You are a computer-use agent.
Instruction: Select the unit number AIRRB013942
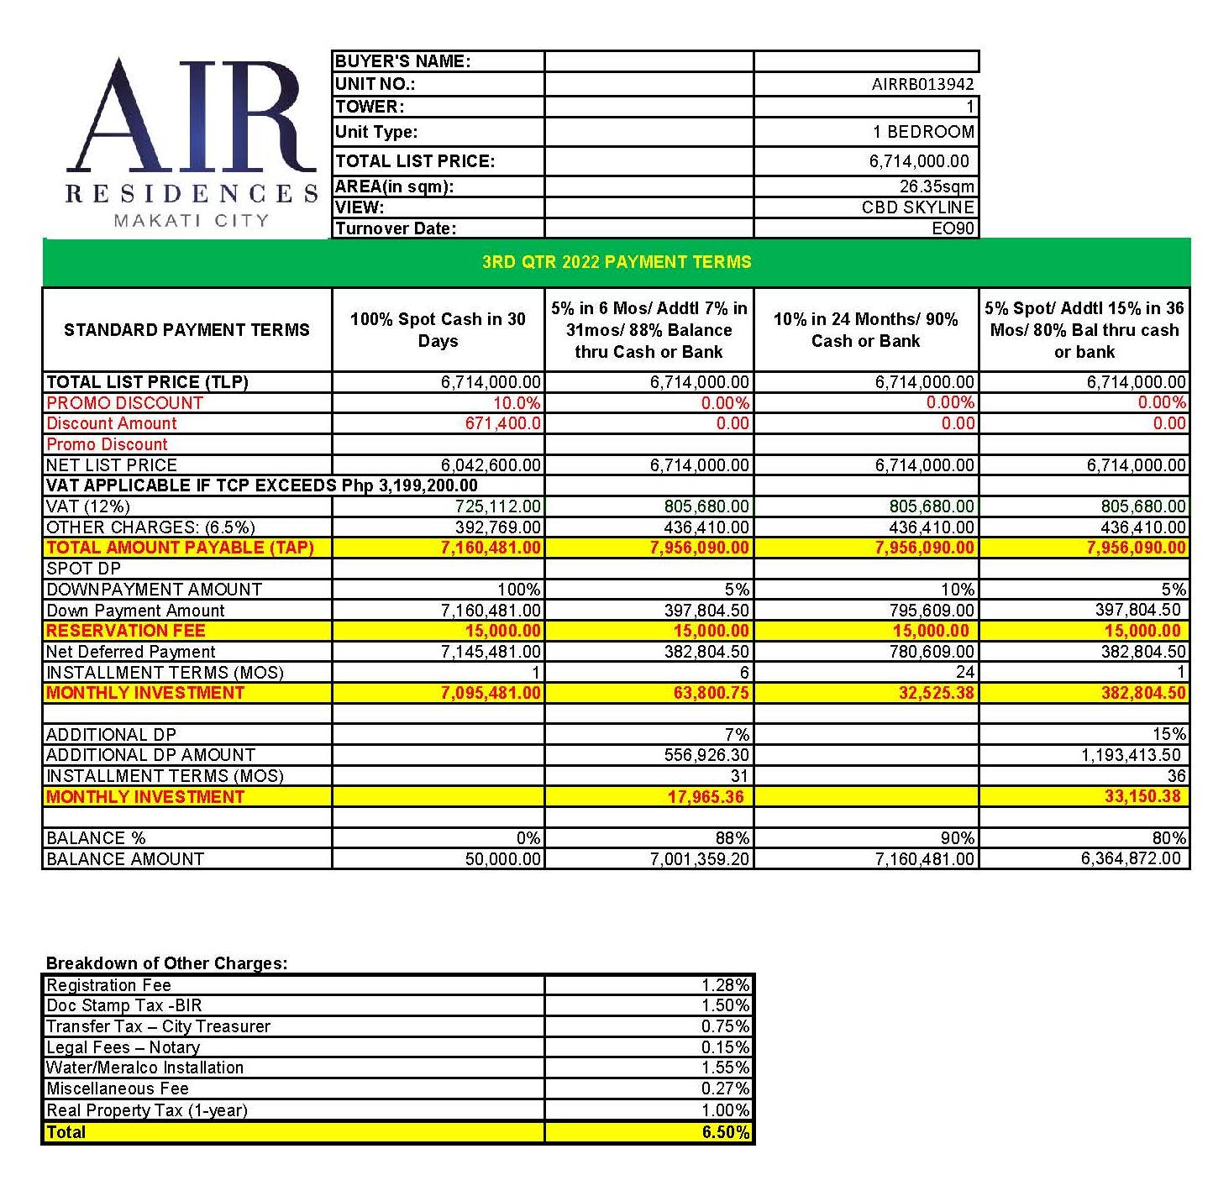click(x=922, y=85)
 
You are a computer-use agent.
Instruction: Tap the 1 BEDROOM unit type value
click(x=923, y=132)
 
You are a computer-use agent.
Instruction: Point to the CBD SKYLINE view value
click(x=917, y=207)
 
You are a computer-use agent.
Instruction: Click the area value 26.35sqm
click(x=937, y=186)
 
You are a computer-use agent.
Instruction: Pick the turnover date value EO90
click(x=953, y=228)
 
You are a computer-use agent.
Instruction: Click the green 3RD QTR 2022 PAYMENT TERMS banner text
click(x=617, y=262)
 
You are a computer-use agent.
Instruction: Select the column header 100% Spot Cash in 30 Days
click(x=438, y=330)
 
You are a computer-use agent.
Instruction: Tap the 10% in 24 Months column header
click(x=865, y=330)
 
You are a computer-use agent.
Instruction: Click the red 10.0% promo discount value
click(x=517, y=403)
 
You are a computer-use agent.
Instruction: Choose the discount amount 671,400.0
click(x=503, y=423)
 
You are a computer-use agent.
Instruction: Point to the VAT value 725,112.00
click(x=497, y=506)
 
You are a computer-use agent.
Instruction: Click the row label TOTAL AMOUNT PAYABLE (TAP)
click(x=180, y=548)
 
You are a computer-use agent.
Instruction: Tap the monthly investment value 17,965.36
click(x=706, y=797)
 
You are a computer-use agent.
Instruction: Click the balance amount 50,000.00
click(x=503, y=859)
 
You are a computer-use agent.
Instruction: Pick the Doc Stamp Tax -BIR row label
click(x=124, y=1005)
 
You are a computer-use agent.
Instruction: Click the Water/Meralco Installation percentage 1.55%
click(x=725, y=1067)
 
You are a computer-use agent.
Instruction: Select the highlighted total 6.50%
click(x=725, y=1132)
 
